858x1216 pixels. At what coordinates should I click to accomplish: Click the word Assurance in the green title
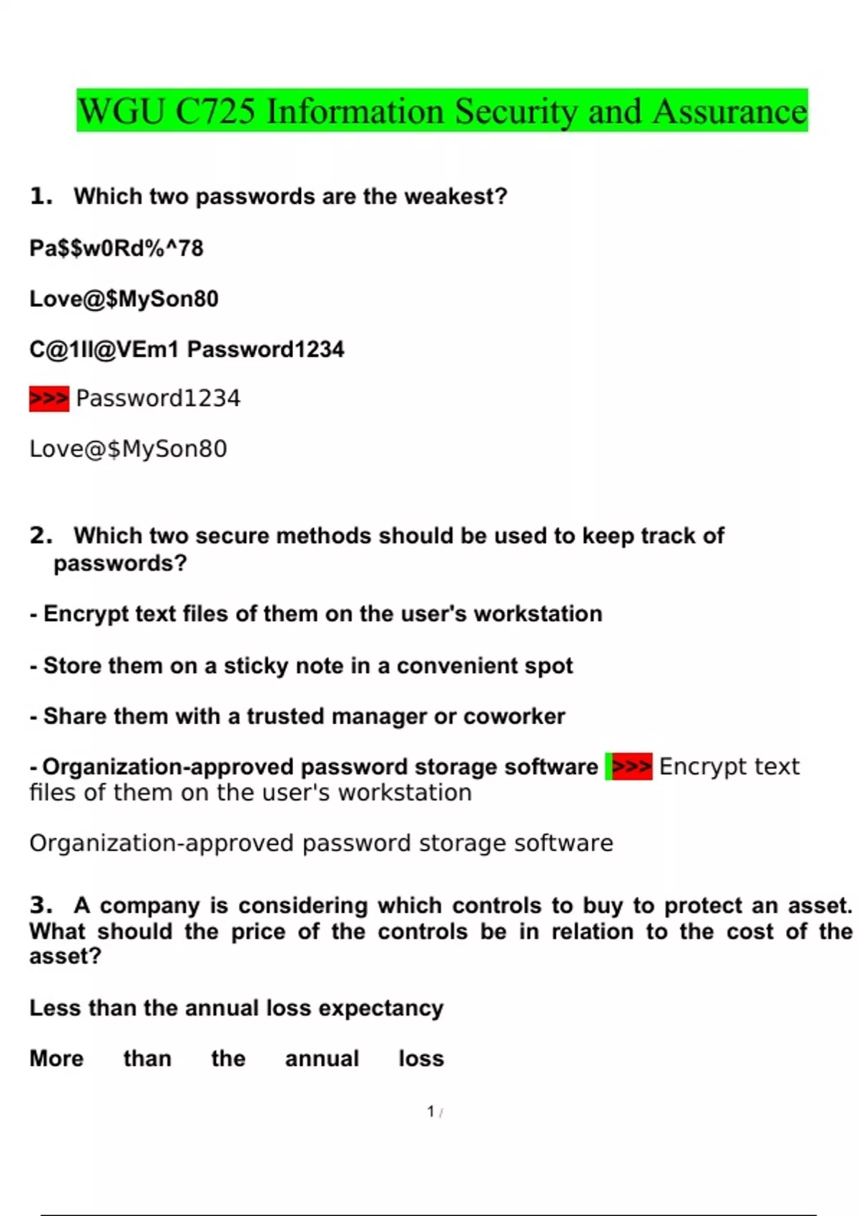click(730, 112)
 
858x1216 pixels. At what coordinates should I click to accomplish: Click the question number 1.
click(41, 196)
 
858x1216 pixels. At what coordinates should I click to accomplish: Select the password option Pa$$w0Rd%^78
click(117, 248)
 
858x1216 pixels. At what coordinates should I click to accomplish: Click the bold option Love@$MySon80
click(124, 299)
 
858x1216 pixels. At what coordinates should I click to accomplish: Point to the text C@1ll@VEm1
click(104, 349)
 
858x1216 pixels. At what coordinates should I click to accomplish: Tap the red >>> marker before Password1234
click(49, 398)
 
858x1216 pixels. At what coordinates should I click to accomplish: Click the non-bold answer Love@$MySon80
click(128, 449)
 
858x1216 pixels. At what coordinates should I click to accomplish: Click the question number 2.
click(41, 536)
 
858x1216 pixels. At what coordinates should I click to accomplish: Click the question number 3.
click(41, 906)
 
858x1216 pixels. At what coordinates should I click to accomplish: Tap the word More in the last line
click(56, 1059)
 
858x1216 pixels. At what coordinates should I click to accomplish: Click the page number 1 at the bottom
click(430, 1112)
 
